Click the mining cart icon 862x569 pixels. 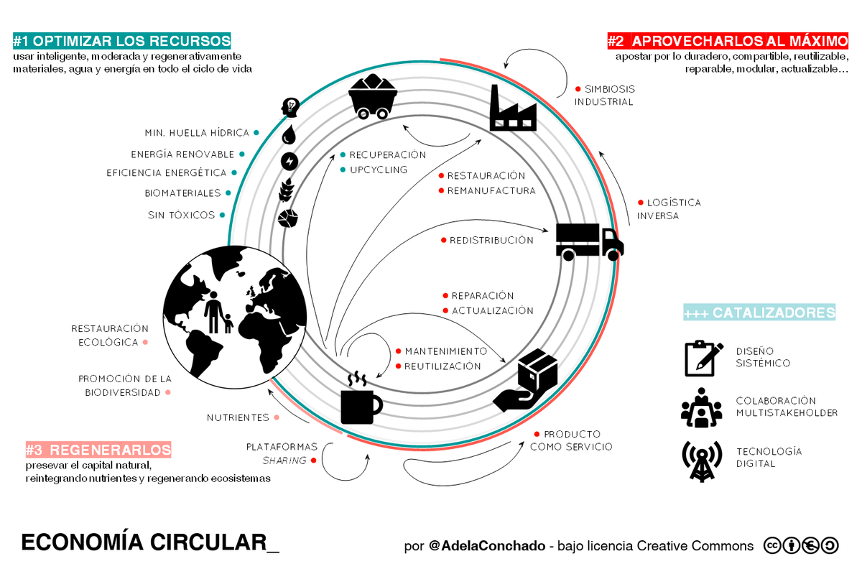373,96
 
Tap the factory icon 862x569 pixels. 513,108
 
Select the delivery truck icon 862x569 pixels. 590,242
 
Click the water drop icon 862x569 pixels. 289,134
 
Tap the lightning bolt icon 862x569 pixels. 289,162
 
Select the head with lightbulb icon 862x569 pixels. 290,107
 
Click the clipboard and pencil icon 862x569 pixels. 703,358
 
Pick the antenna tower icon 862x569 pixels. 702,461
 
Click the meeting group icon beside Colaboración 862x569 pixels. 701,407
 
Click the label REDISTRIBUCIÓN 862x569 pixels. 491,240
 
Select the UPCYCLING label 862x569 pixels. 379,170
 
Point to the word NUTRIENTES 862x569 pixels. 238,417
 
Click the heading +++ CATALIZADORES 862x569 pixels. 759,313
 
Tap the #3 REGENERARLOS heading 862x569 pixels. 98,449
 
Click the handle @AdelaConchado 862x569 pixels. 487,545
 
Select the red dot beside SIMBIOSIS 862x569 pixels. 578,89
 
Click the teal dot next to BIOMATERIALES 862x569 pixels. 228,193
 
